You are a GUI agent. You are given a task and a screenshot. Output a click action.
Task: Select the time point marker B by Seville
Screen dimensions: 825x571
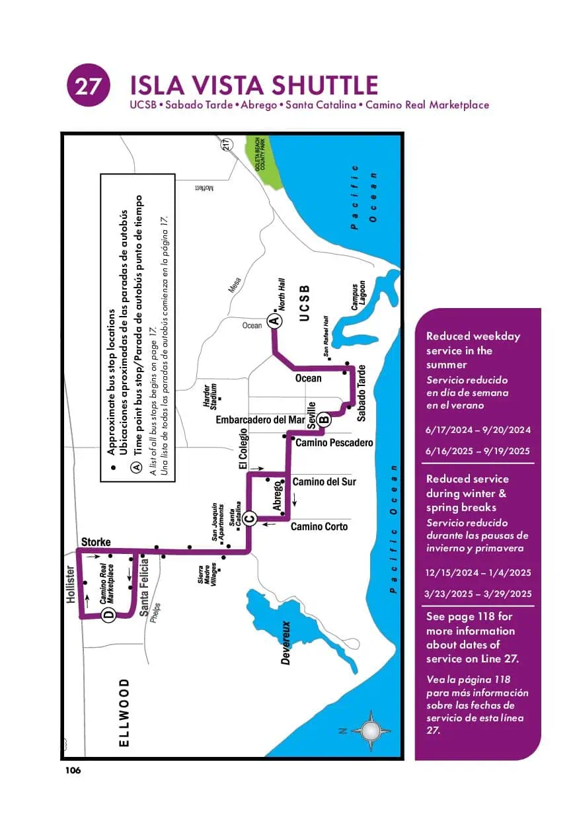point(323,418)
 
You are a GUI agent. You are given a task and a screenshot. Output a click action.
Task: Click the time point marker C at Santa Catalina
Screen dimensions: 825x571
point(249,518)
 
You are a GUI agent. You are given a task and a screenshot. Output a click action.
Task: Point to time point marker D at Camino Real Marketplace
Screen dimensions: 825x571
point(108,616)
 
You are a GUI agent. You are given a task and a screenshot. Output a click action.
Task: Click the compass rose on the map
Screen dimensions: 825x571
point(371,730)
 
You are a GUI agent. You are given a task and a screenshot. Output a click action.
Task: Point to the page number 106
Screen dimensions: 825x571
point(73,770)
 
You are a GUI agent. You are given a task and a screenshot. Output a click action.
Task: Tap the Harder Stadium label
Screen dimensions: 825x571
point(209,395)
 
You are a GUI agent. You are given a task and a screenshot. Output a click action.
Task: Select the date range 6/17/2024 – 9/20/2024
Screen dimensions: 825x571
point(478,430)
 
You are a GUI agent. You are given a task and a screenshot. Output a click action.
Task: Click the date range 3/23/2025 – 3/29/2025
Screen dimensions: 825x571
point(478,594)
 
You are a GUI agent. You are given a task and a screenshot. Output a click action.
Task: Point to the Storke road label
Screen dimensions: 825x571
point(96,542)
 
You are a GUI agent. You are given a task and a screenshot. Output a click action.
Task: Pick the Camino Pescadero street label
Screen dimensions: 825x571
point(334,442)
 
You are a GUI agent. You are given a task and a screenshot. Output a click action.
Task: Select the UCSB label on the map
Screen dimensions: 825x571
point(304,303)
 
